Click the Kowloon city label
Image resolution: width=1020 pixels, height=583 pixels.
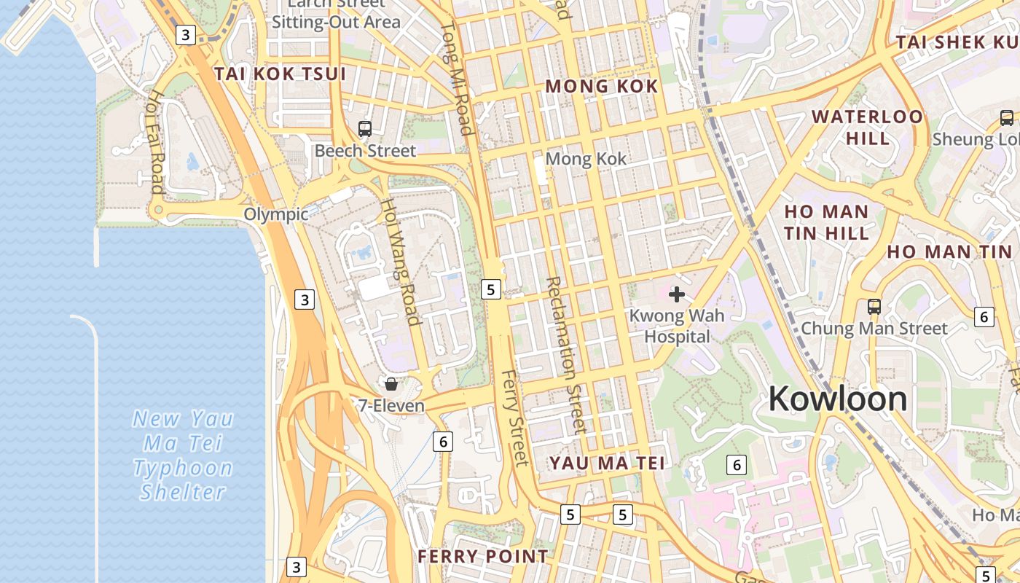[838, 399]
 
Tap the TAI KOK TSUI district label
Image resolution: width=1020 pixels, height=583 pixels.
[280, 74]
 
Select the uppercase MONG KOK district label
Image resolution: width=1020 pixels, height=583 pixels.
[602, 87]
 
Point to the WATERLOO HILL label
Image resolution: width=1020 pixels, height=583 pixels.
[867, 127]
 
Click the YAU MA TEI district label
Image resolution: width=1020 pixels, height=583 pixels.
[607, 463]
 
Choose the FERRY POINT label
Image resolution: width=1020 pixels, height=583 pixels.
[482, 557]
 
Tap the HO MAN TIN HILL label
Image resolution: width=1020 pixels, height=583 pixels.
[826, 222]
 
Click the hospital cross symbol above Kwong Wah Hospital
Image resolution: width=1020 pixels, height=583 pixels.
[677, 294]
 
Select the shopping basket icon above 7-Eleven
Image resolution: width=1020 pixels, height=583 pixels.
[391, 383]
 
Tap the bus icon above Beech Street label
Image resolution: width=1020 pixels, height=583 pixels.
[365, 129]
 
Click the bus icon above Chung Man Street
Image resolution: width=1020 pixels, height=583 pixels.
[874, 307]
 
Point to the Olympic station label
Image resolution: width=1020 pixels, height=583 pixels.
[275, 214]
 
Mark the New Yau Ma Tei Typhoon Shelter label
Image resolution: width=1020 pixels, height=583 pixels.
[183, 455]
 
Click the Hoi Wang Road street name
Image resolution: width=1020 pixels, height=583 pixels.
[401, 262]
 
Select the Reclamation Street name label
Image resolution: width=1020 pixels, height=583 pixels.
[565, 354]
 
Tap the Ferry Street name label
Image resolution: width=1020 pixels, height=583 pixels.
[514, 418]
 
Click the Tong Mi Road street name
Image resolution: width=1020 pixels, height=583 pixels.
[456, 79]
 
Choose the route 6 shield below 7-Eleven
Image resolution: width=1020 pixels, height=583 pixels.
[442, 441]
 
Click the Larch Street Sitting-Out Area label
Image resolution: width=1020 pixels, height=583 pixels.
[336, 15]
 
